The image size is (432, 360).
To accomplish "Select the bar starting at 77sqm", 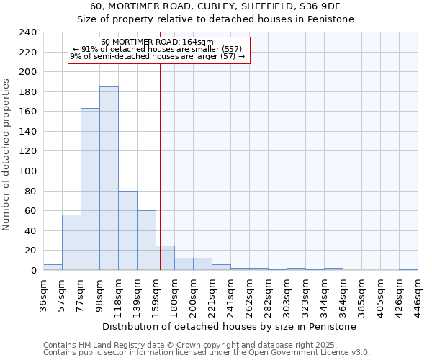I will tap(90, 189).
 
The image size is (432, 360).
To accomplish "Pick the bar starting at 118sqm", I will tap(127, 230).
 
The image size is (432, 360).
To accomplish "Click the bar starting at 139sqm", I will tap(146, 240).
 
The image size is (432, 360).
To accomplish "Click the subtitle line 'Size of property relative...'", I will tap(215, 19).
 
